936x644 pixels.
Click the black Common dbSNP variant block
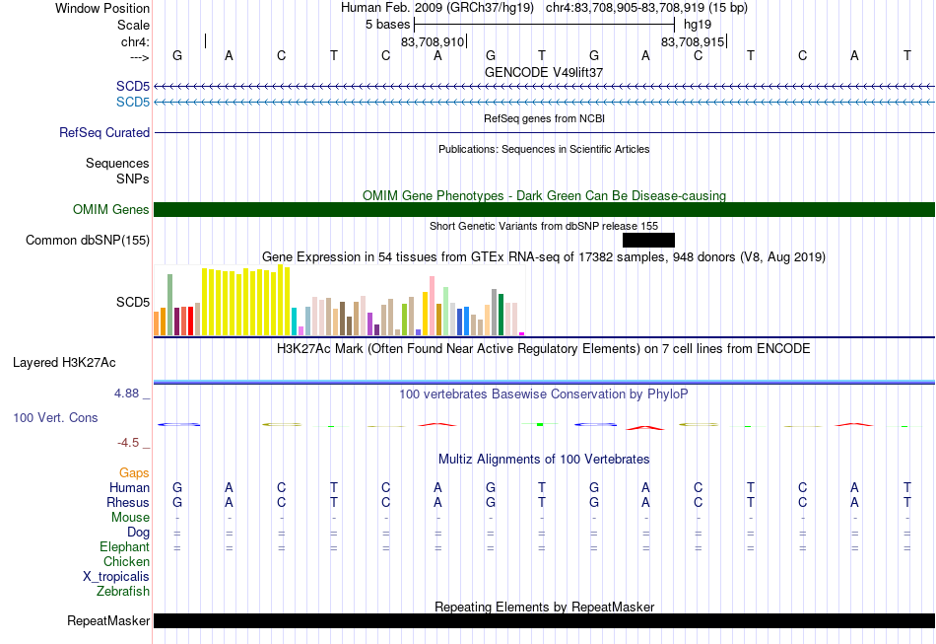[648, 241]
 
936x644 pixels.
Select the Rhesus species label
[128, 502]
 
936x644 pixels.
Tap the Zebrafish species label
[123, 592]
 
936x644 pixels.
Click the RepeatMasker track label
[108, 621]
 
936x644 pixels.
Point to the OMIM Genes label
[111, 210]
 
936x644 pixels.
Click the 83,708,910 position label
[433, 41]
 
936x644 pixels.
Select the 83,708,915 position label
[693, 41]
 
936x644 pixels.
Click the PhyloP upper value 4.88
[126, 394]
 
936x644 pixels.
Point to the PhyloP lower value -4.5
[128, 443]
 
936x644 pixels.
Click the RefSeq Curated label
[104, 132]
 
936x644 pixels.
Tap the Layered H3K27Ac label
[64, 363]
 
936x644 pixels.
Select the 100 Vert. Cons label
[55, 417]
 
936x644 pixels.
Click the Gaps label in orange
[134, 473]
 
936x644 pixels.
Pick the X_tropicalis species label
[116, 577]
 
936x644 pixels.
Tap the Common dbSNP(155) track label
[88, 241]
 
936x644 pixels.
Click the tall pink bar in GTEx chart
[432, 306]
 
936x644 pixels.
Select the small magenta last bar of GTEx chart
[522, 334]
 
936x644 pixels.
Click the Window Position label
[102, 8]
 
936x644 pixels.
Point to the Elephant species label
[125, 547]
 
